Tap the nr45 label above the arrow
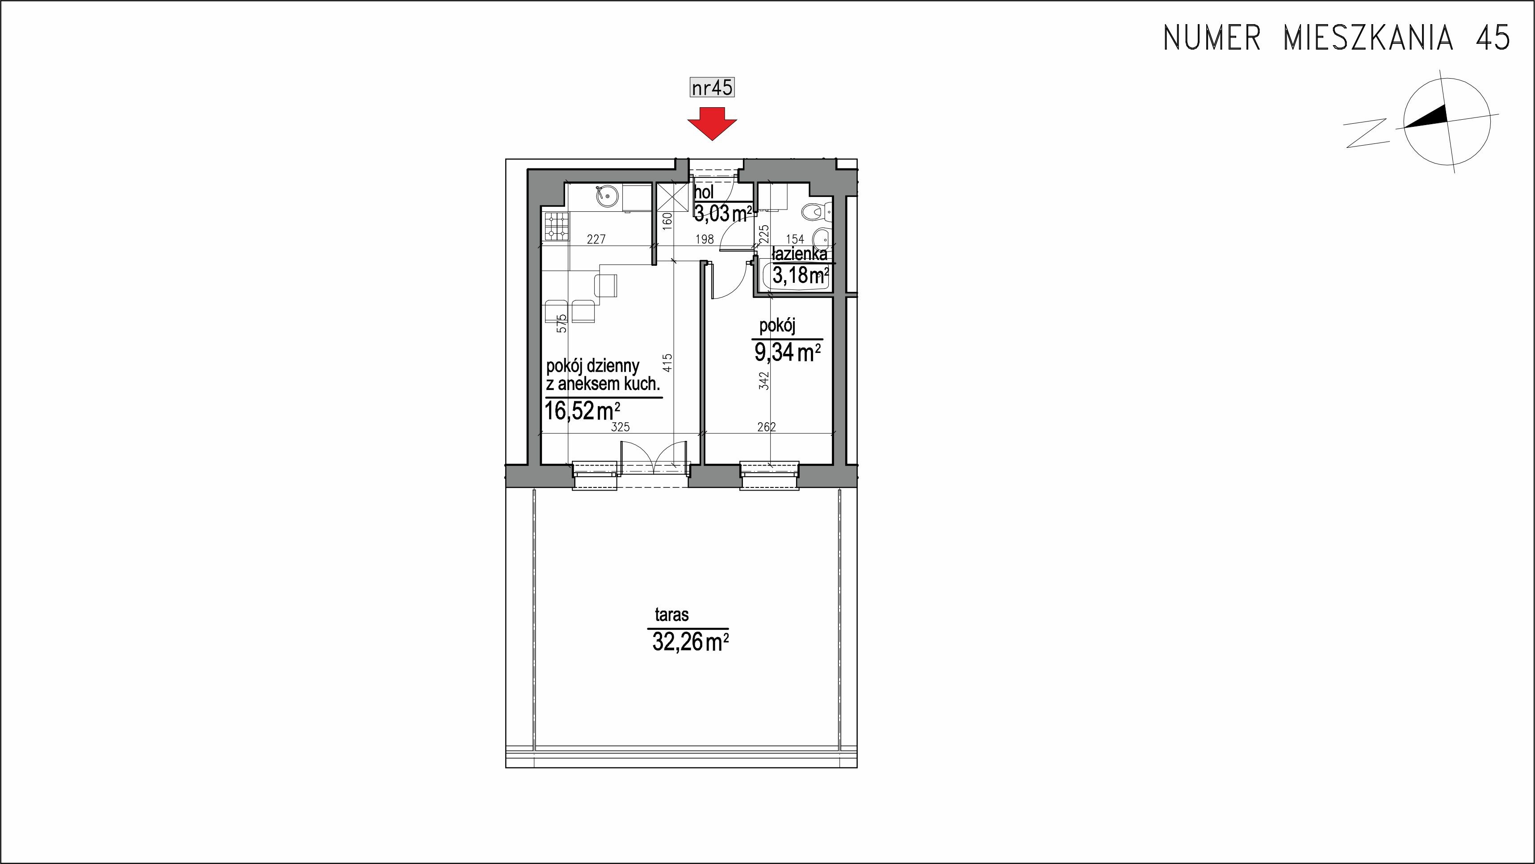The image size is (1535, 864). (x=712, y=88)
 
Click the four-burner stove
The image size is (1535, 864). (x=138, y=226)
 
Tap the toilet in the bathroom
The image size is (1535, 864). (x=814, y=211)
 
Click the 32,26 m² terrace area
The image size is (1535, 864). (x=691, y=642)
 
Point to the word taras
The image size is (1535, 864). (x=671, y=615)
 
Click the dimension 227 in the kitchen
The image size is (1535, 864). (x=179, y=239)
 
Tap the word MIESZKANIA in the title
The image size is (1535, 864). (x=1367, y=38)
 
